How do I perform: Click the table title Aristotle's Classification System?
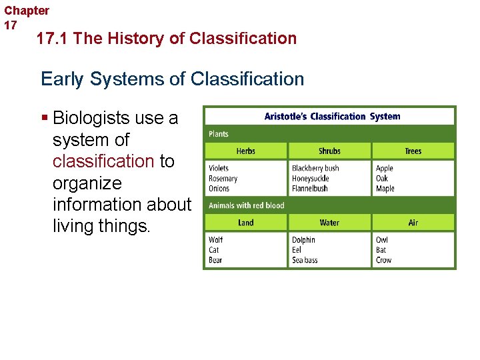coord(332,117)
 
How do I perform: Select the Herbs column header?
coord(245,151)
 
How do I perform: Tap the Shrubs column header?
coord(329,151)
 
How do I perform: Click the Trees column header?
coord(413,151)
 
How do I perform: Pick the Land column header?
coord(245,223)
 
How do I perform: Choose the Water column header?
coord(329,223)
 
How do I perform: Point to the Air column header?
coord(413,223)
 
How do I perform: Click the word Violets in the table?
coord(219,169)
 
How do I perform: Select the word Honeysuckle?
coord(311,179)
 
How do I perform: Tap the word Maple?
coord(385,189)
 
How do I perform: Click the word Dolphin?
coord(303,240)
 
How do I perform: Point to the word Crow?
coord(383,260)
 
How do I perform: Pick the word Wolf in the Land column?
coord(215,240)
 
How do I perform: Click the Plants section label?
coord(219,134)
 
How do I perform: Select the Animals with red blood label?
coord(246,205)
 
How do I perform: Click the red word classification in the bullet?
coord(103,161)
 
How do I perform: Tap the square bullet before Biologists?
coord(45,119)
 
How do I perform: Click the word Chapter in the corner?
coord(27,11)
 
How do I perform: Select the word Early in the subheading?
coord(62,79)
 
